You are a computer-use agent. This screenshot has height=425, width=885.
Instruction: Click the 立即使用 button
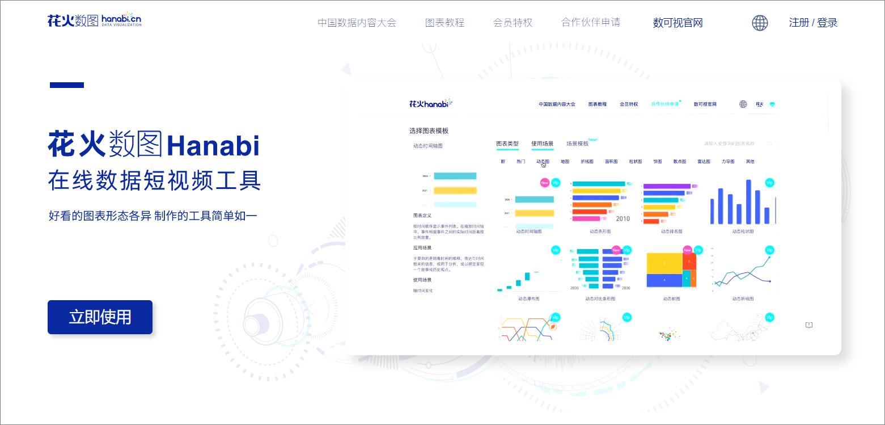point(100,317)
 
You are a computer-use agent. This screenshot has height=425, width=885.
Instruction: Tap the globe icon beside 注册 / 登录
point(760,23)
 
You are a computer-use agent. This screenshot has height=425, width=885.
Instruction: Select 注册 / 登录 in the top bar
point(813,23)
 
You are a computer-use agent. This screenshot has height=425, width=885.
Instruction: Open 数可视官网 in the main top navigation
point(677,23)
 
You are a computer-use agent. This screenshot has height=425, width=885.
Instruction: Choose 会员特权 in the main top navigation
point(513,23)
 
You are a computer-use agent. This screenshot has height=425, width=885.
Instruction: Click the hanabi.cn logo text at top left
point(121,20)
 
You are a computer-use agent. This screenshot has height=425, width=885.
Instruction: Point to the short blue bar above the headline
point(67,85)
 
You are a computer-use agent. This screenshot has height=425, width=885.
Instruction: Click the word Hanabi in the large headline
point(213,146)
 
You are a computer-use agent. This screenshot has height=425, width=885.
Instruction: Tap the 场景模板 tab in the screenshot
point(577,144)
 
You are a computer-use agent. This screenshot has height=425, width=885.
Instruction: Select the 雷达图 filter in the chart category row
point(704,162)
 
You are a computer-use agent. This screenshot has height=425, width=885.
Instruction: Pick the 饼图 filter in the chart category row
point(657,162)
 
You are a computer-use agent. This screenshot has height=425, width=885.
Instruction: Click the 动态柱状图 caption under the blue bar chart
point(743,232)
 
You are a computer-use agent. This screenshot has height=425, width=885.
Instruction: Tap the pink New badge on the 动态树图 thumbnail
point(688,250)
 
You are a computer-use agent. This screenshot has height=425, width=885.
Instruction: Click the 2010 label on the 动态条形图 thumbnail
point(623,218)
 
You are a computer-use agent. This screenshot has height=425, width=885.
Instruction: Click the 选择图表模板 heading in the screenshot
point(429,131)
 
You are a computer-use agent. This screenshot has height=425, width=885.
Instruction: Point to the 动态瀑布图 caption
point(528,298)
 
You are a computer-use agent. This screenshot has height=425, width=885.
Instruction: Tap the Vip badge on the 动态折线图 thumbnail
point(769,250)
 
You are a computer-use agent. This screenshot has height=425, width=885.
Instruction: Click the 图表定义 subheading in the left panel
point(422,216)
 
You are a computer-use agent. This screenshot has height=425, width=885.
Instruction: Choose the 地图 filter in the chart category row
point(565,162)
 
